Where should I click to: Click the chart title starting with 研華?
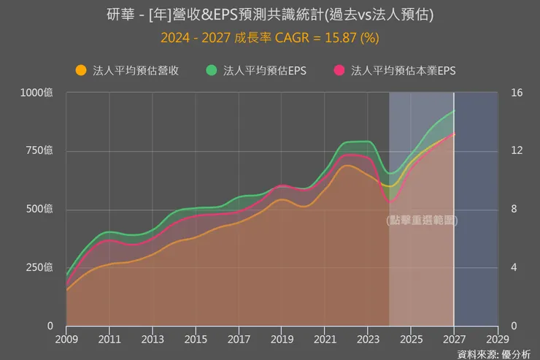[269, 15]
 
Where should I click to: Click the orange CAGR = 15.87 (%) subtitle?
[269, 37]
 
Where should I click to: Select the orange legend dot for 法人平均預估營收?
[80, 71]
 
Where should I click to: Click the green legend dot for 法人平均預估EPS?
[212, 71]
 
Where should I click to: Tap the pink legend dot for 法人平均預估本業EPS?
[339, 71]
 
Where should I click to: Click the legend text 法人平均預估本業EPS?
[404, 71]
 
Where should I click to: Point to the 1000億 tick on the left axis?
[37, 93]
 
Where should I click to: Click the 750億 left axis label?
[41, 151]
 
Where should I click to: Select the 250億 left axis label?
[41, 268]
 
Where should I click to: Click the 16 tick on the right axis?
[517, 93]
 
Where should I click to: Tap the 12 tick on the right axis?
[517, 151]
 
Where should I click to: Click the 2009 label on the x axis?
[66, 340]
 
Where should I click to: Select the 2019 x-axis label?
[282, 340]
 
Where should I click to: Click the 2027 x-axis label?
[454, 340]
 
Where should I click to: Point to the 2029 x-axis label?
[497, 340]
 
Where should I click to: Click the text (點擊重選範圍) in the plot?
[421, 220]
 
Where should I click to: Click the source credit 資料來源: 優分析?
[495, 353]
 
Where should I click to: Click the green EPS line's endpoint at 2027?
[453, 111]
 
